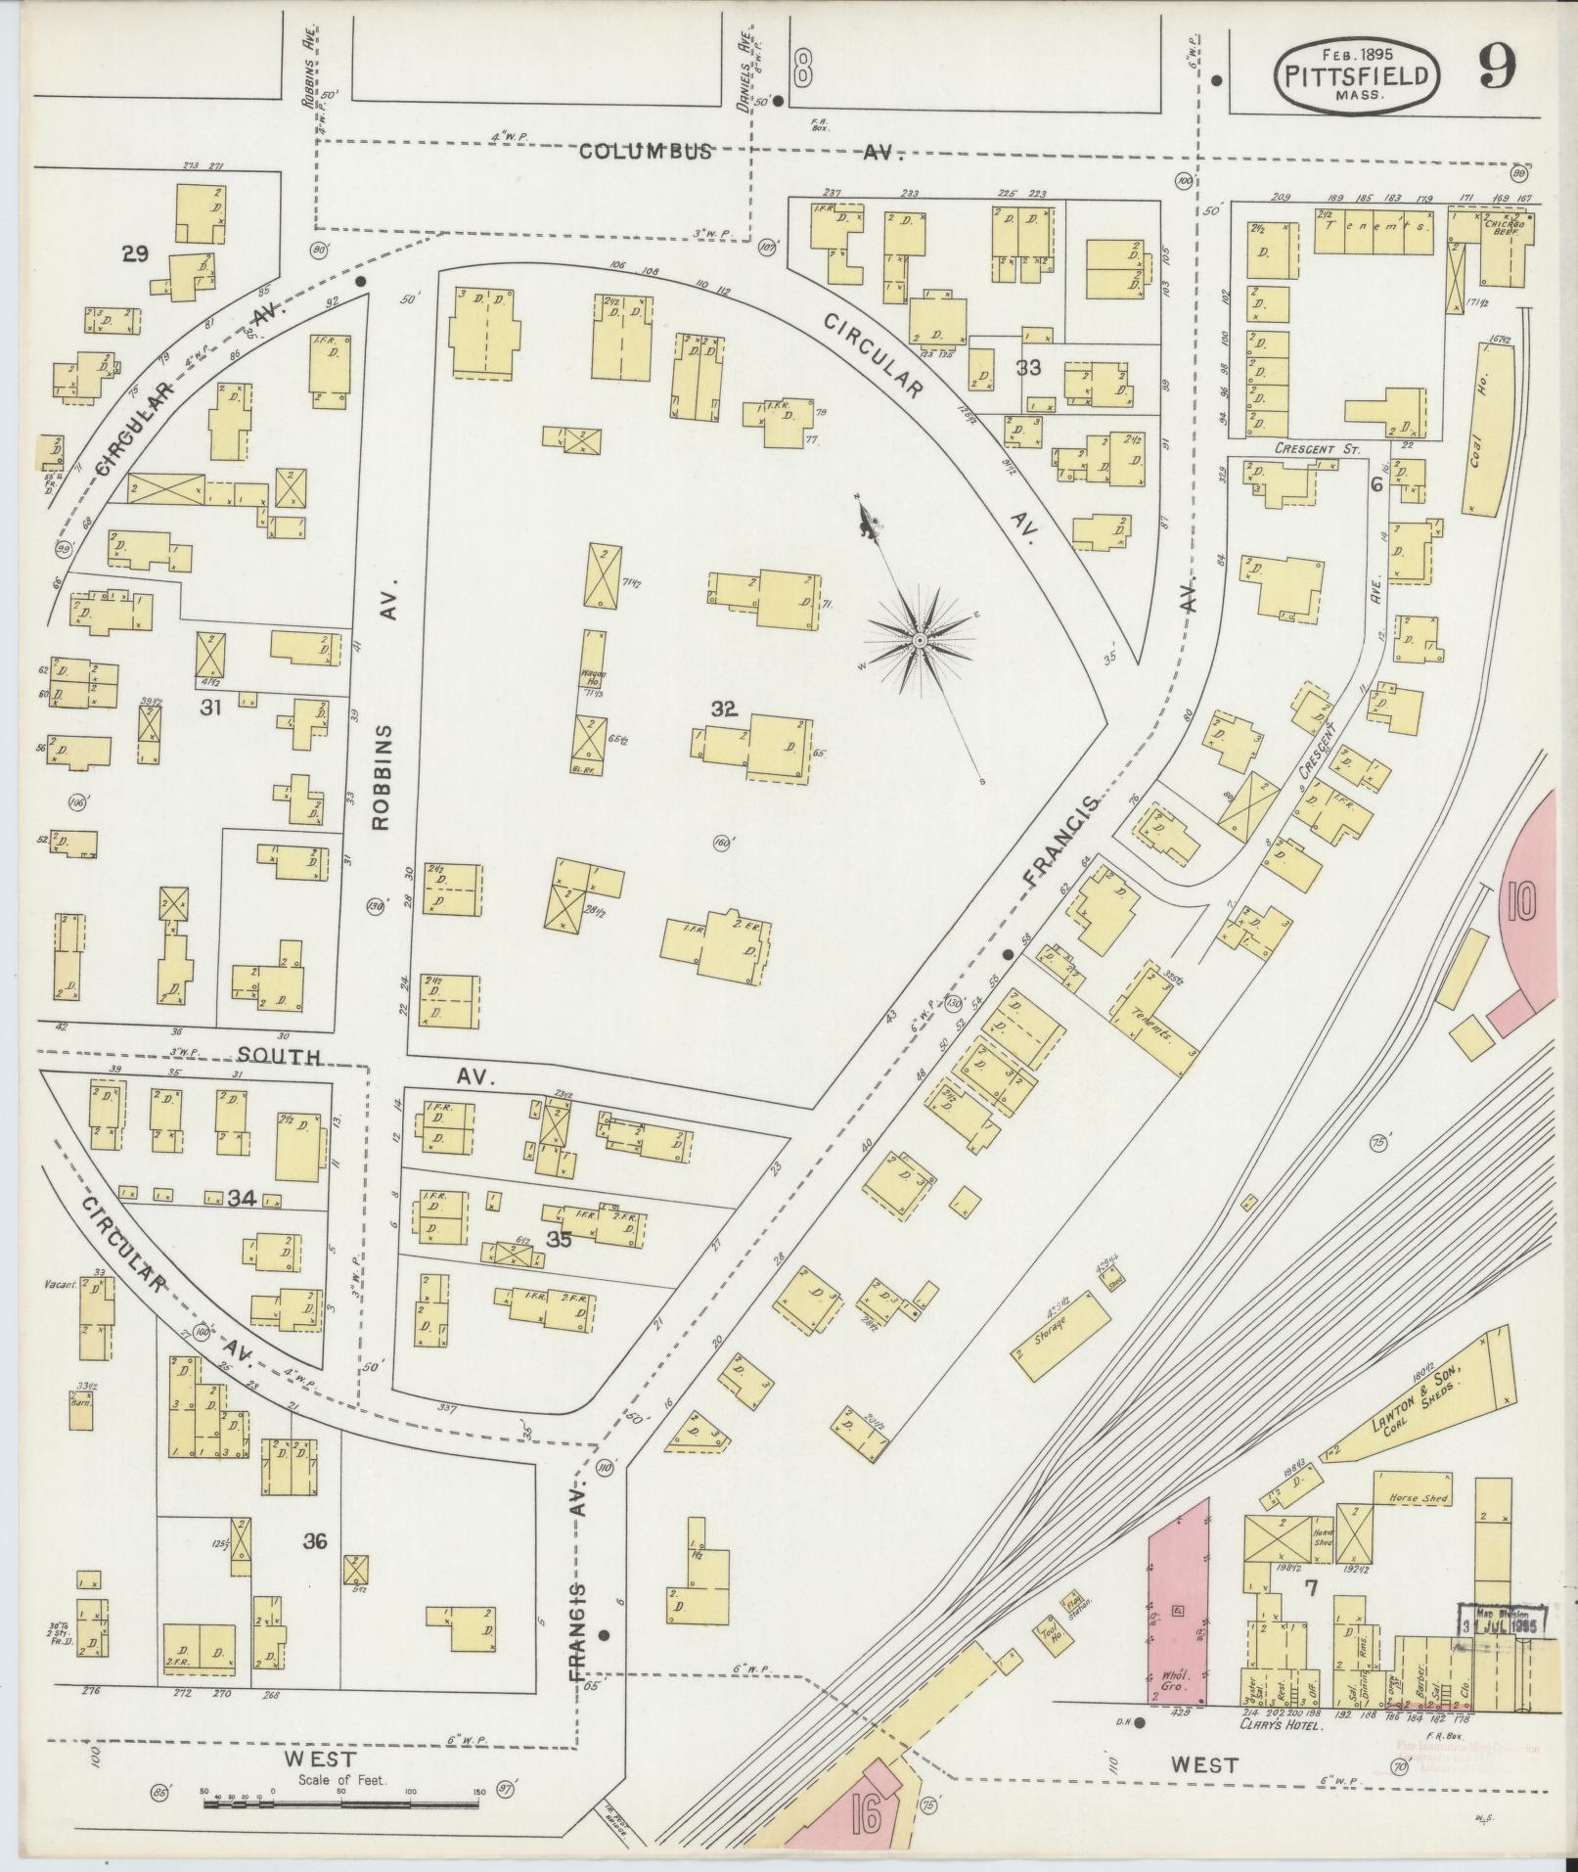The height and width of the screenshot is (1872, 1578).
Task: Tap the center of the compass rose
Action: pyautogui.click(x=920, y=640)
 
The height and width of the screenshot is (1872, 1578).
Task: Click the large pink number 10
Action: pyautogui.click(x=1520, y=900)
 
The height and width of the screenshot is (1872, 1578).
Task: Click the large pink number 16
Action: pyautogui.click(x=866, y=1817)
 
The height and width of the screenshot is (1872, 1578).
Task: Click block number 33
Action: pyautogui.click(x=1027, y=368)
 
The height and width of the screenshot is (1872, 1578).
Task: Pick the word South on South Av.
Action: pyautogui.click(x=279, y=1057)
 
